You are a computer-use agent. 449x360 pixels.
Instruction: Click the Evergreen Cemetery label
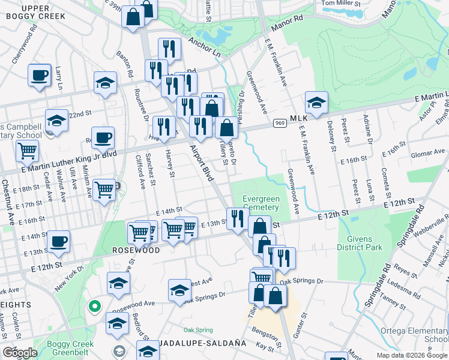pos(261,203)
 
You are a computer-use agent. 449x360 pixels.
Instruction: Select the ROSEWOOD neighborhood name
pos(136,250)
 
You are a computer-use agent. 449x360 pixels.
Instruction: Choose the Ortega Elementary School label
pos(414,335)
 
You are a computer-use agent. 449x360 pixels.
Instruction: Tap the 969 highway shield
pos(279,123)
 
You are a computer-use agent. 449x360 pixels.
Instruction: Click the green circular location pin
pos(94,307)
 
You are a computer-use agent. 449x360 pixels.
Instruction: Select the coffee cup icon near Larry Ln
pos(39,76)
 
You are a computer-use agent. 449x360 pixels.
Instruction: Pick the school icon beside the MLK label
pos(316,103)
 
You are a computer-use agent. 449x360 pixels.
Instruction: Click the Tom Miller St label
pos(340,4)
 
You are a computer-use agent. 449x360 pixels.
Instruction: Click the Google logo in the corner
pos(20,353)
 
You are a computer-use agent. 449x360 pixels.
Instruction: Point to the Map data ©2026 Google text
pos(411,355)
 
